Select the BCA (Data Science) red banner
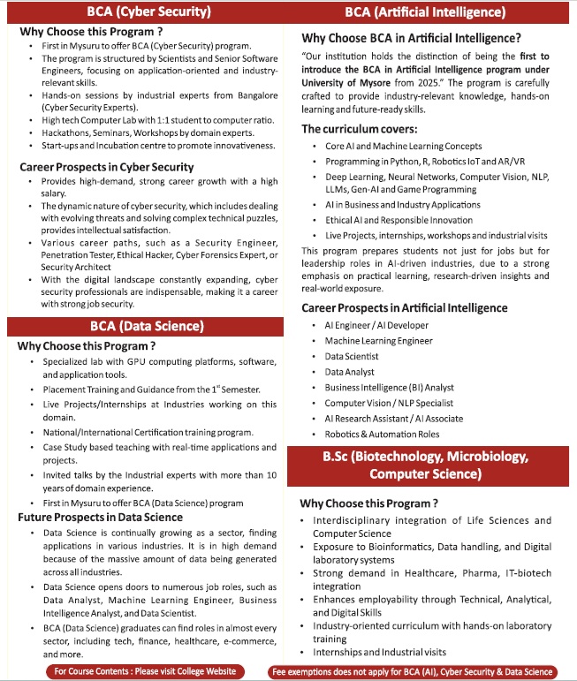point(147,326)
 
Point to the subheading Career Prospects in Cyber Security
point(106,167)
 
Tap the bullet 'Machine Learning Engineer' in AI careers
point(378,341)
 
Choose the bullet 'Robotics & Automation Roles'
point(382,435)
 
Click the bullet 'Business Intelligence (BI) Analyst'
point(389,388)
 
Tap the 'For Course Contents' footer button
point(145,671)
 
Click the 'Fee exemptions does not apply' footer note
point(413,672)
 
